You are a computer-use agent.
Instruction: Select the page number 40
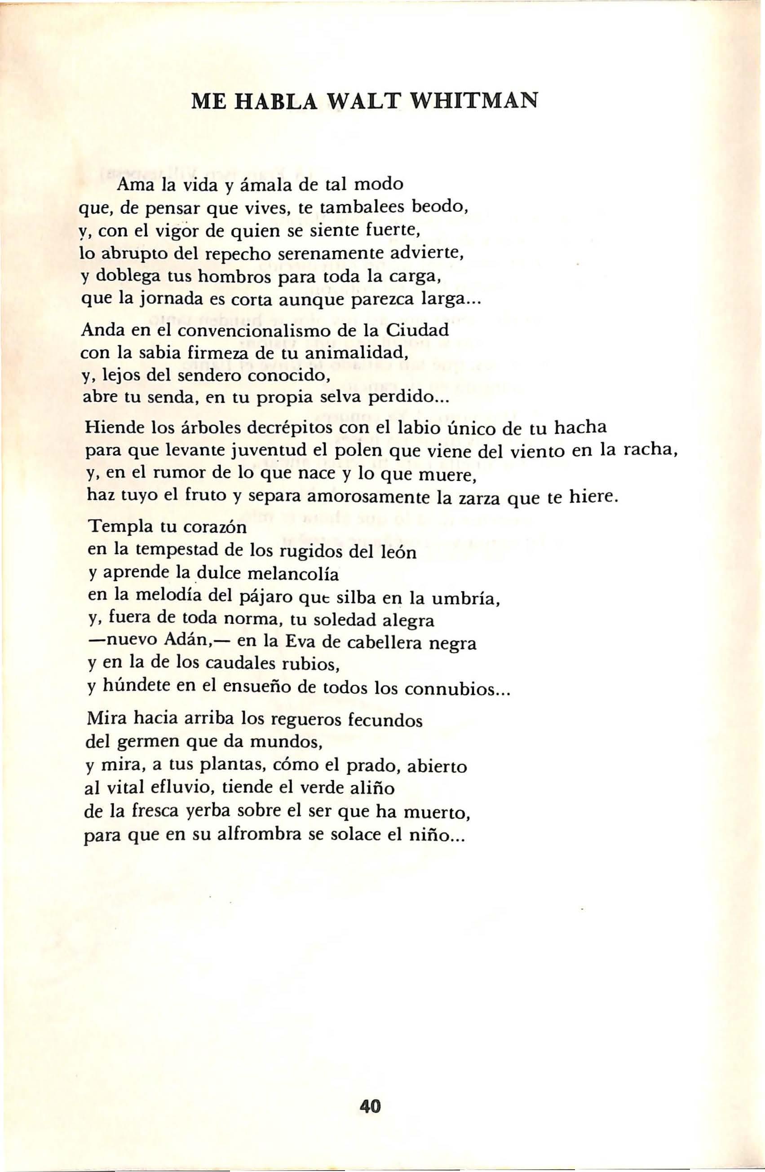(x=371, y=1051)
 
